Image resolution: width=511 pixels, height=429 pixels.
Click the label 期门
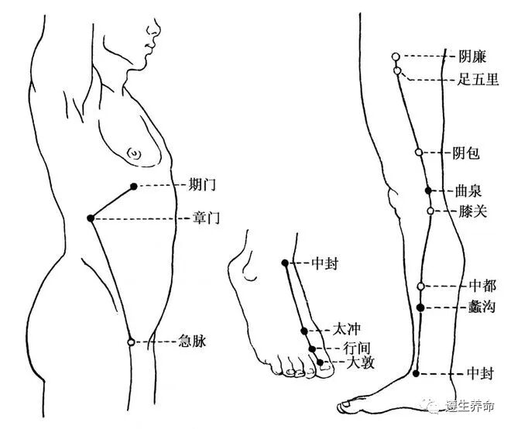coord(202,185)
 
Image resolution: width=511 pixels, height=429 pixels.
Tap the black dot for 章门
coord(91,218)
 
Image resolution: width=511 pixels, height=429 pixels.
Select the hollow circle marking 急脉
coord(131,341)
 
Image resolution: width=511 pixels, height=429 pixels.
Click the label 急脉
coord(193,341)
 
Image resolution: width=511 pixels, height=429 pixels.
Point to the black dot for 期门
coord(133,186)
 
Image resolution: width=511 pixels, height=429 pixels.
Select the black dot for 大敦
coord(320,362)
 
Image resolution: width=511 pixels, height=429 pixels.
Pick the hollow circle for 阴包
coord(419,153)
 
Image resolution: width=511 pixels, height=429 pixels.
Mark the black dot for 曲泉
coord(428,190)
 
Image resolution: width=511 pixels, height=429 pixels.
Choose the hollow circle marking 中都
coord(420,286)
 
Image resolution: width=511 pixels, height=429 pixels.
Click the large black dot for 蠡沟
coord(420,307)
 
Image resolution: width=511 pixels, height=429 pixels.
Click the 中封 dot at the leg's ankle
coord(416,374)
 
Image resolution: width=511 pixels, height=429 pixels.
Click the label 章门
coord(206,219)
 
